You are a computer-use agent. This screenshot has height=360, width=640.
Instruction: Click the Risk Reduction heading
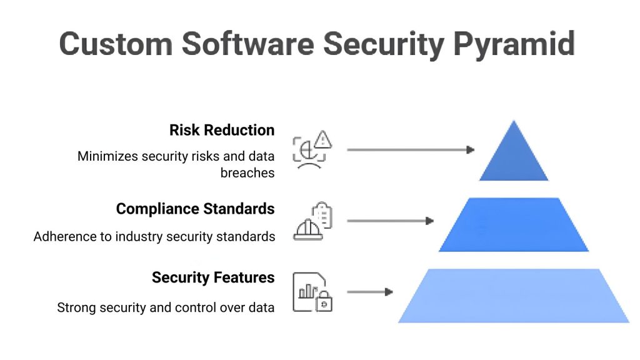coord(222,130)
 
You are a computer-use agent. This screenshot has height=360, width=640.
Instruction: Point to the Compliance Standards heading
coord(195,209)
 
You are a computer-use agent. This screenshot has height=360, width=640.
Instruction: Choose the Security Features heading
coord(213,277)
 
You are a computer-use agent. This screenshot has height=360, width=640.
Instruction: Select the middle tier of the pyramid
coord(514,225)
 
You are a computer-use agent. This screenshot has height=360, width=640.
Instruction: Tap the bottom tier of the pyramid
coord(514,296)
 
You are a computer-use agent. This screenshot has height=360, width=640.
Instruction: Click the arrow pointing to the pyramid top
coord(410,150)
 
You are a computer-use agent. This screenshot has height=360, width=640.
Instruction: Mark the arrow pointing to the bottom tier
coord(369,292)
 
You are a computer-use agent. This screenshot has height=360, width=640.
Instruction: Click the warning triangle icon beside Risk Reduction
coord(322,139)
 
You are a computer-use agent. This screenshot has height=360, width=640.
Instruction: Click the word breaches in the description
coord(247,173)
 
